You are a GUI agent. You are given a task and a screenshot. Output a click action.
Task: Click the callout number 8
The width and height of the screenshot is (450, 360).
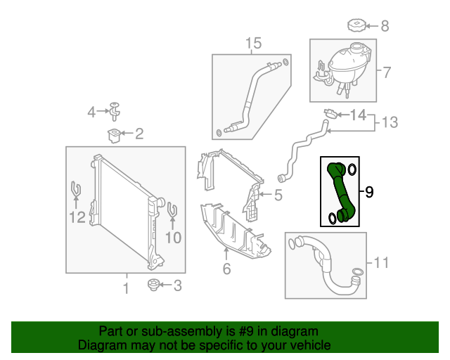(x=384, y=26)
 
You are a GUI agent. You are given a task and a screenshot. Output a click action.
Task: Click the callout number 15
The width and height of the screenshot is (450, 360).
(x=253, y=44)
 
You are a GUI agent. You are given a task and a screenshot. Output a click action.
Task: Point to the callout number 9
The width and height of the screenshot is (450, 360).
(x=369, y=191)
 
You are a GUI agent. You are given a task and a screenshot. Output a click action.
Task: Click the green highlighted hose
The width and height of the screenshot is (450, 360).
(x=338, y=191)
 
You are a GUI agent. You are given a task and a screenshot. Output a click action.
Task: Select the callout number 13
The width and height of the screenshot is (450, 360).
(x=389, y=122)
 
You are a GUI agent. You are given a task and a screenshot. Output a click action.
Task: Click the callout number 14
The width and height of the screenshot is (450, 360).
(x=358, y=115)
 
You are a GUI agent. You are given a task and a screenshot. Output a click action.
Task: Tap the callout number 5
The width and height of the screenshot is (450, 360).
(x=278, y=195)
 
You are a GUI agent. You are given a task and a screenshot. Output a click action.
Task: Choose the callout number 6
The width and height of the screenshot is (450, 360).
(x=226, y=268)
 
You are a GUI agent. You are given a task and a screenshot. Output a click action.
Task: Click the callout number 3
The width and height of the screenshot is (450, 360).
(x=177, y=285)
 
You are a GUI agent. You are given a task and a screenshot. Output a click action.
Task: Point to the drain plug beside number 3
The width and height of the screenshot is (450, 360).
(x=150, y=285)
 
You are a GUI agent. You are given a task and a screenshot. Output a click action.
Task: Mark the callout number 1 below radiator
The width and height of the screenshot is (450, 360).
(x=126, y=288)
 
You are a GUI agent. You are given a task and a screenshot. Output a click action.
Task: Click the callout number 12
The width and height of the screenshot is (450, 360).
(x=77, y=218)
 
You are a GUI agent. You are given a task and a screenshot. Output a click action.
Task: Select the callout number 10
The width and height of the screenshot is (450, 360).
(x=173, y=238)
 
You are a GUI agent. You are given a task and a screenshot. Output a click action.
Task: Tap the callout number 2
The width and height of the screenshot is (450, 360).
(x=139, y=133)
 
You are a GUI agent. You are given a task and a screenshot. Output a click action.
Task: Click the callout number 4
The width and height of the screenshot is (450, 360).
(x=91, y=112)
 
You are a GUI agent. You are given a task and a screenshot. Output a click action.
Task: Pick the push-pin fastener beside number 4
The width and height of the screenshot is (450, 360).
(x=114, y=110)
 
